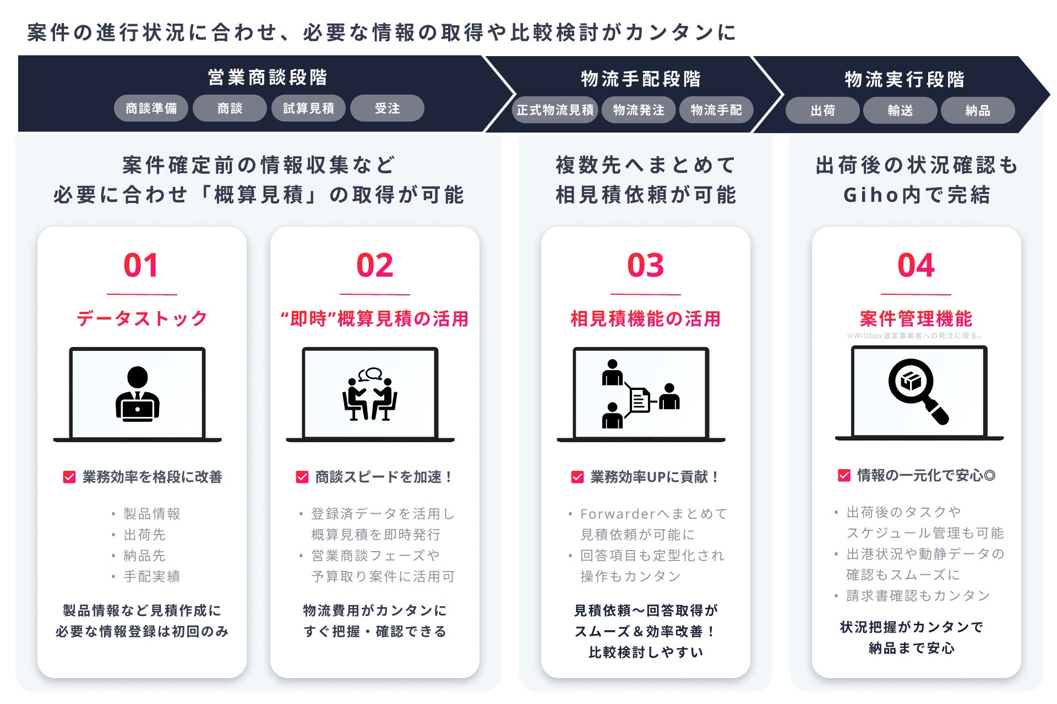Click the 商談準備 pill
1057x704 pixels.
pos(151,108)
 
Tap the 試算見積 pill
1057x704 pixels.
pos(308,108)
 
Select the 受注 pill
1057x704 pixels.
pos(387,108)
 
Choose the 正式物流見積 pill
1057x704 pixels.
pos(555,110)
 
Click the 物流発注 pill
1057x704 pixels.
pos(639,110)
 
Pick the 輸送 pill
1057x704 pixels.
pos(900,111)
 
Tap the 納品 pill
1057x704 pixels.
pos(978,111)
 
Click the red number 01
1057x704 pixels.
pos(141,265)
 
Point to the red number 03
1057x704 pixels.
pos(645,265)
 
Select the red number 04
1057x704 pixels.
pos(916,265)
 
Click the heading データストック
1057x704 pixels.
pos(142,318)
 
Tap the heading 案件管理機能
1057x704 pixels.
pos(916,318)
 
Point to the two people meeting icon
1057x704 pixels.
pos(370,394)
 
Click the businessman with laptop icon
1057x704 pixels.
pos(137,394)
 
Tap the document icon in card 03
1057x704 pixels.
pos(640,399)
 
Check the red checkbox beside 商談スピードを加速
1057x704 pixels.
pos(302,477)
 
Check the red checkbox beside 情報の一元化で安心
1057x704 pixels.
pos(844,475)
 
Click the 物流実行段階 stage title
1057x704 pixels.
pos(905,79)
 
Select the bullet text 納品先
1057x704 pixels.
pos(144,555)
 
